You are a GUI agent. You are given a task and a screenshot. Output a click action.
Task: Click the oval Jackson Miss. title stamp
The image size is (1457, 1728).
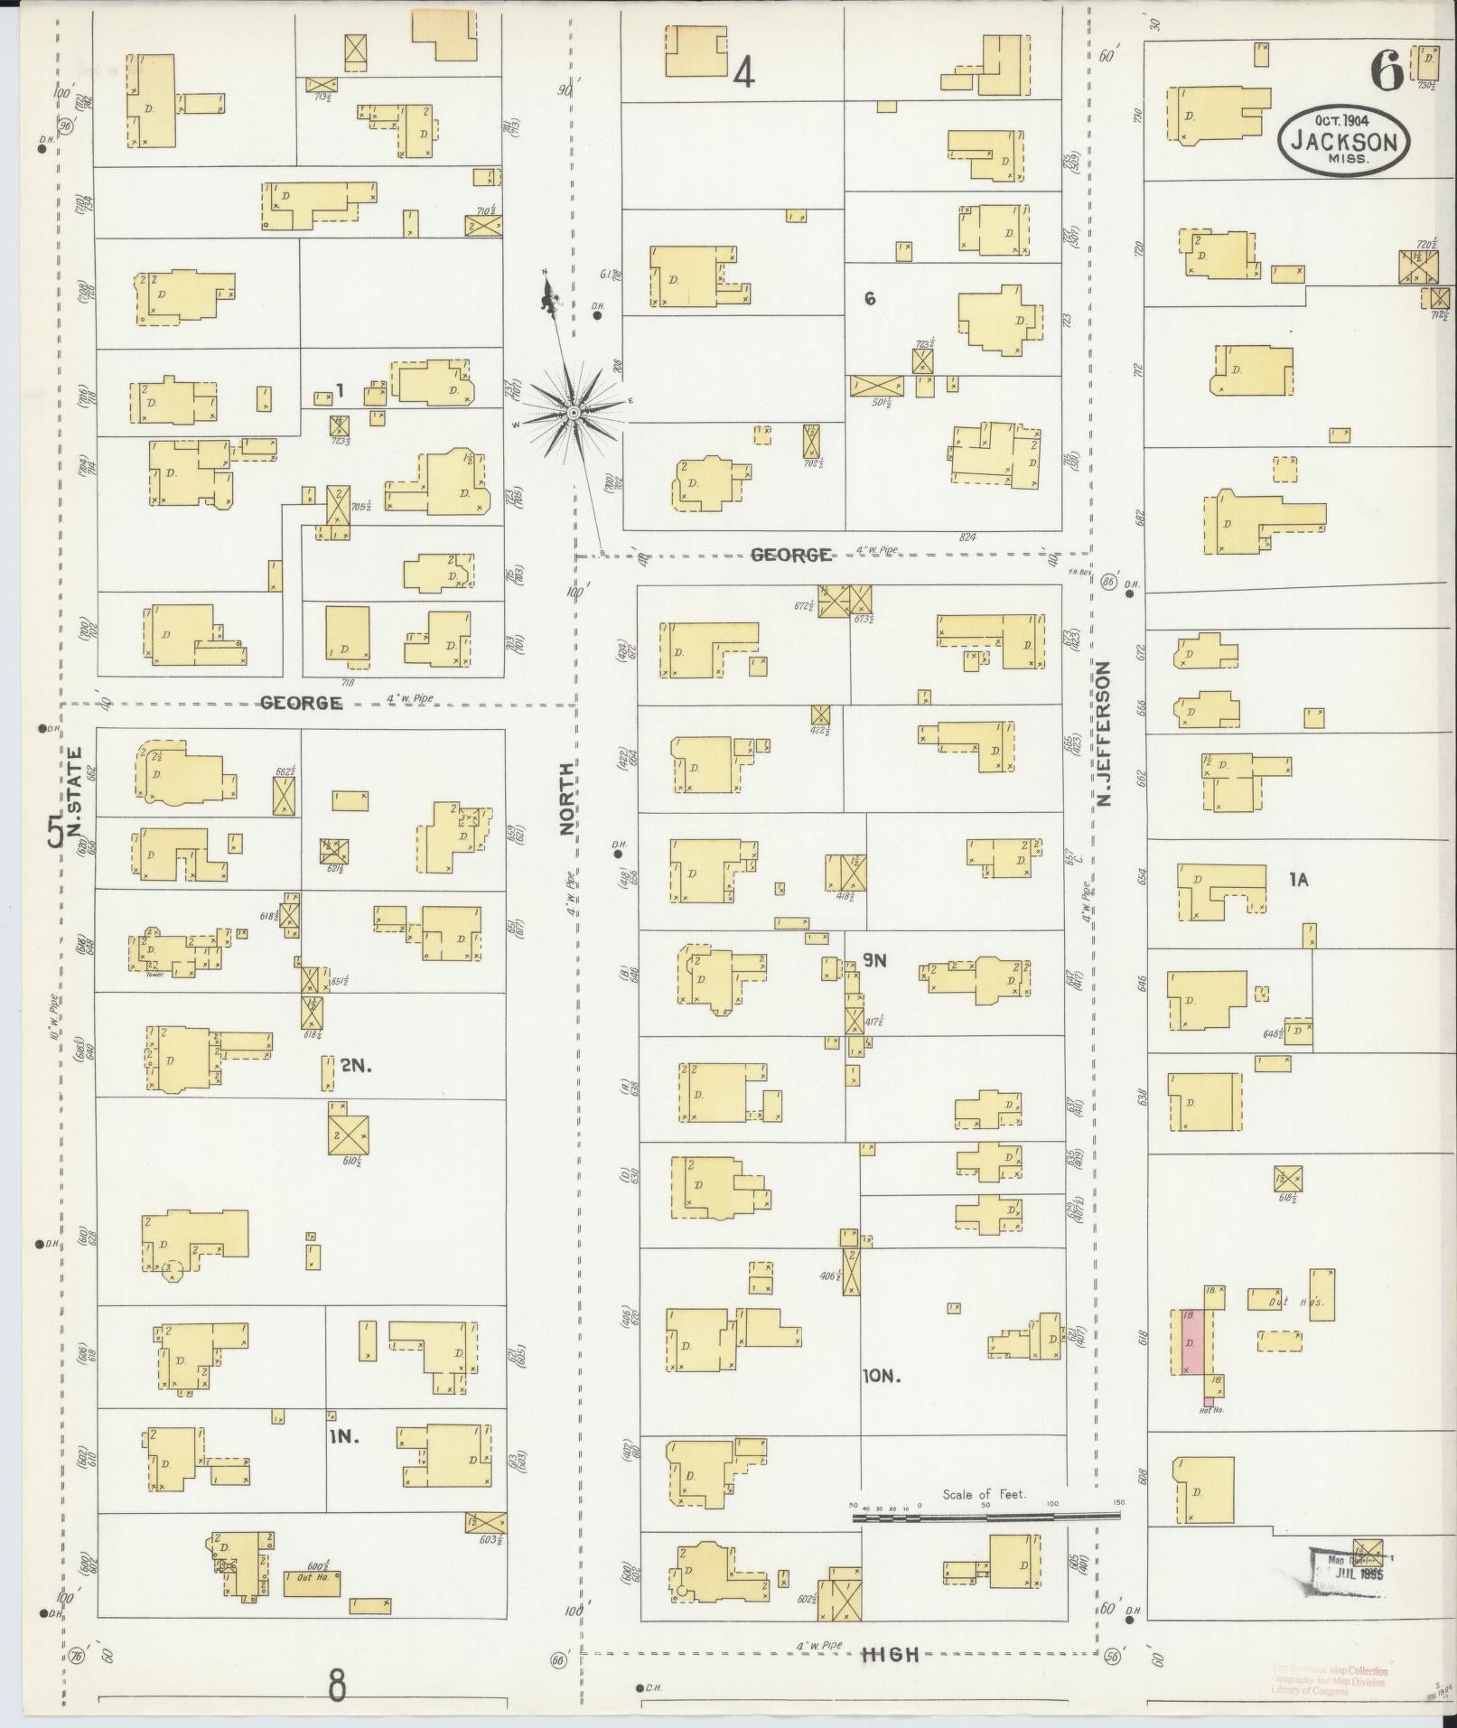pos(1343,142)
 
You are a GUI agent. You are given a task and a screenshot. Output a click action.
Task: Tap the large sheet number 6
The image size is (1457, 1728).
pos(1387,70)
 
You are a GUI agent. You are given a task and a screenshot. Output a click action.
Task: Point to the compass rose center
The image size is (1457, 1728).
pos(573,414)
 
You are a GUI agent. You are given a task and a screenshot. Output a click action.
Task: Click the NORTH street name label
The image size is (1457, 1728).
pos(567,799)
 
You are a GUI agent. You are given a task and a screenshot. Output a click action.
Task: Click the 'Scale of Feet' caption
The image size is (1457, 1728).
pos(984,1494)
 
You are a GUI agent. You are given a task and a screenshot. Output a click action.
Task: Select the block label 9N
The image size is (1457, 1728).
pos(873,960)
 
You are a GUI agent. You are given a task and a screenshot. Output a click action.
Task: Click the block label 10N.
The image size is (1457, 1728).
pos(883,1377)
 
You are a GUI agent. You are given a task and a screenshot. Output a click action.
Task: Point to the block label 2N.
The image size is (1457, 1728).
pos(356,1066)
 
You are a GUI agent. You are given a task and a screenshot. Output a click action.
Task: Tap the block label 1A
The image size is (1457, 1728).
pos(1298,878)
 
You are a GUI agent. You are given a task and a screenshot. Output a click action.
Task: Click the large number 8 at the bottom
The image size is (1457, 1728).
pos(337,1686)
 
